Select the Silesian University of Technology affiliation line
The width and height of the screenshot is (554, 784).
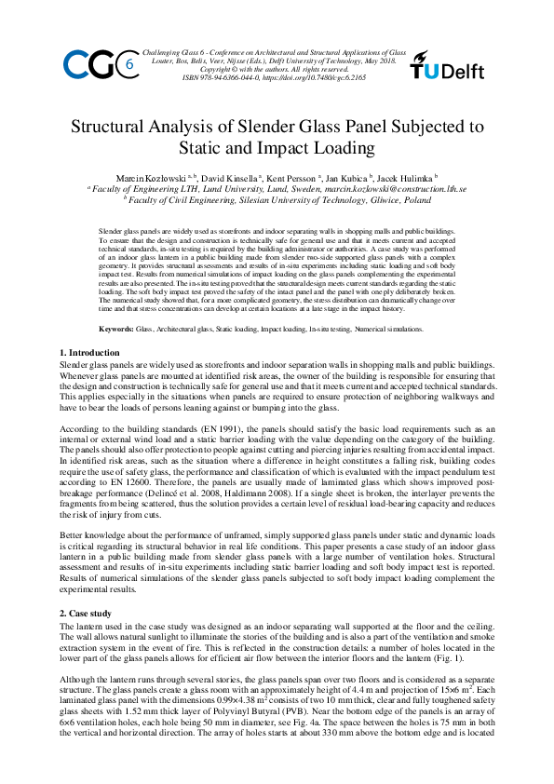(x=279, y=199)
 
